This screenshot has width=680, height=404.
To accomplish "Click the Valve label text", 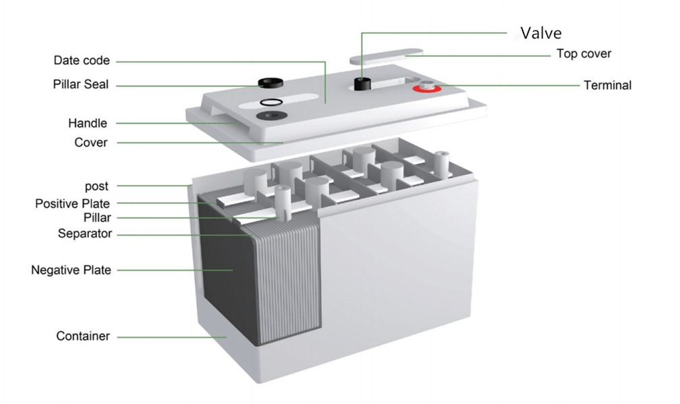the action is tap(541, 33).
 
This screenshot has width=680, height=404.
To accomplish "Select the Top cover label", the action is tap(584, 54).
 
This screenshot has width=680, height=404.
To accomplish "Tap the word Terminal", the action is tap(607, 85).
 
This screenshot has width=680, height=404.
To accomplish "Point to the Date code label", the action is tap(82, 60).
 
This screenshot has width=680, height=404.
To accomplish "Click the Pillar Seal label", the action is tap(81, 84).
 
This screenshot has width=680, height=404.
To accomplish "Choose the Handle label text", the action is tap(88, 124).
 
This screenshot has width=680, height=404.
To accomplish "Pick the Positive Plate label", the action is tap(72, 204).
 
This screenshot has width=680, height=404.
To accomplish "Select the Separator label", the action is tap(85, 234).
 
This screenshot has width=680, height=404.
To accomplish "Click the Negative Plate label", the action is tap(71, 270).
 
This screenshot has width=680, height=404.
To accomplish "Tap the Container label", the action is tap(83, 336).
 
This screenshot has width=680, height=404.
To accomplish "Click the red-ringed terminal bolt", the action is tap(426, 87).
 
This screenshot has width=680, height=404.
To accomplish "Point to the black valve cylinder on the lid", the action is tap(362, 84).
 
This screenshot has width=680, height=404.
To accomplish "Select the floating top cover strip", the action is tap(387, 57).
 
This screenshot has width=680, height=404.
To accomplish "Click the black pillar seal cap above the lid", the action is tap(271, 82).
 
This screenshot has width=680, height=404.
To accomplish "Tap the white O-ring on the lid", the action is tap(271, 103).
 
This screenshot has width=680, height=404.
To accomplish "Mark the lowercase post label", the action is tap(96, 186).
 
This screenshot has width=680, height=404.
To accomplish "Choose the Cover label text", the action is tap(90, 143).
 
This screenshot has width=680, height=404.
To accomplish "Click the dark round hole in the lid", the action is tap(271, 116).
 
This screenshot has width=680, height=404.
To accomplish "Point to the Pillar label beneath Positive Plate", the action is tap(97, 218).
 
